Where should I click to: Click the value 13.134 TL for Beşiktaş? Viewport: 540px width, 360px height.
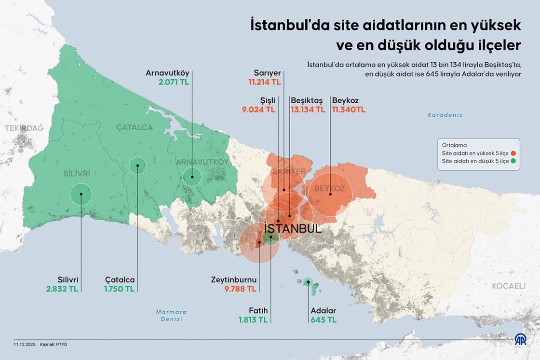(x=308, y=110)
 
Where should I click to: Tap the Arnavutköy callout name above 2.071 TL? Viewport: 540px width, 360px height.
(x=168, y=73)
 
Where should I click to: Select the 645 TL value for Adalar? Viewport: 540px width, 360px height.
(x=324, y=319)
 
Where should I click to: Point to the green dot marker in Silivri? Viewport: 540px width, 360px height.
(x=81, y=194)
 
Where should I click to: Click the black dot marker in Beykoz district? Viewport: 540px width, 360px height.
(x=330, y=194)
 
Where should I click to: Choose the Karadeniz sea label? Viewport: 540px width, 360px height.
(x=445, y=115)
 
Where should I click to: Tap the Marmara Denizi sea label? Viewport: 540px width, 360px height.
(x=171, y=316)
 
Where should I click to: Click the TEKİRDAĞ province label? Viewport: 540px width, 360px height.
(x=24, y=128)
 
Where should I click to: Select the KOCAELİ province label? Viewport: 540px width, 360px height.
(x=508, y=286)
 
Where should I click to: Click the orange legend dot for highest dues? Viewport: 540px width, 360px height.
(x=513, y=153)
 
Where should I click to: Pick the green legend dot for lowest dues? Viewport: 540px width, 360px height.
(x=513, y=161)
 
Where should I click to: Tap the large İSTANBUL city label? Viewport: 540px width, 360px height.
(x=293, y=229)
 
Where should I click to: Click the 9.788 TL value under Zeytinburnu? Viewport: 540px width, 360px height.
(x=240, y=289)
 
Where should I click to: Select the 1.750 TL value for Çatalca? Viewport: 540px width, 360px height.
(x=119, y=289)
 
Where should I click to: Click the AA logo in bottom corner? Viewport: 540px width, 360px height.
(x=521, y=339)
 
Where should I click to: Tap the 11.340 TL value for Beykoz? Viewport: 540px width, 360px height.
(x=349, y=110)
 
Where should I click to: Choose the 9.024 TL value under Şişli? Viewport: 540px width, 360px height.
(x=258, y=110)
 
